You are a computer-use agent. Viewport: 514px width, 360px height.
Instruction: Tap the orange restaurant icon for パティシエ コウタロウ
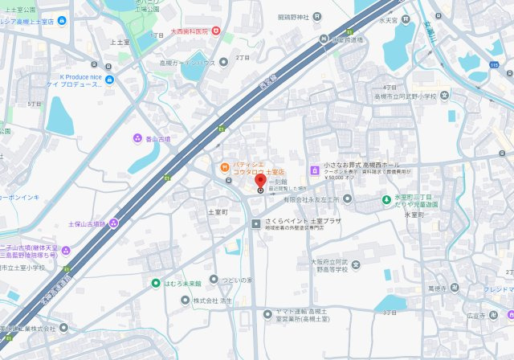(224, 167)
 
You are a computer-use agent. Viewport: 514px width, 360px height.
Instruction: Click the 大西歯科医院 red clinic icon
(216, 31)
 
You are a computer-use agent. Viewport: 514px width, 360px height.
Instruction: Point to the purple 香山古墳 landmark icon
(136, 138)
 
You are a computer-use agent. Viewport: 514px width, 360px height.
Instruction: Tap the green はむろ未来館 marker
(156, 283)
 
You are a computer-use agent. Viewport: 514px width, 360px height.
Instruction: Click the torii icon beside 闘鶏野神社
(319, 16)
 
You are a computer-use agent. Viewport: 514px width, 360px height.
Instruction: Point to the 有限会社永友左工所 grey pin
(347, 198)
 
